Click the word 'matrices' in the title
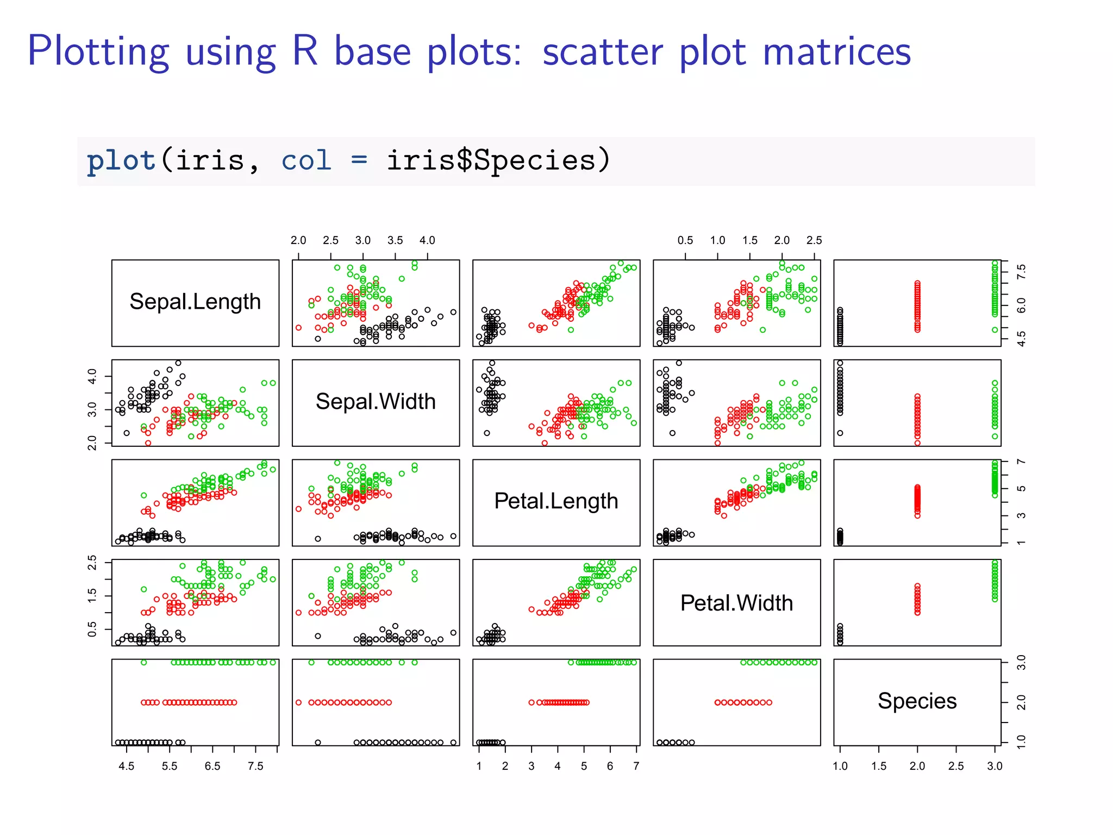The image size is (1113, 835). (x=836, y=52)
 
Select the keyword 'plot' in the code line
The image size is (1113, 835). (x=121, y=161)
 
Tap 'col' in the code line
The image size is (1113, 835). (x=306, y=161)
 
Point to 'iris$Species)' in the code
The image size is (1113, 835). (x=498, y=161)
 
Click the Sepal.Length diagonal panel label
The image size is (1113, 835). (x=195, y=302)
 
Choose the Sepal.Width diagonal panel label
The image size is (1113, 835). (x=376, y=402)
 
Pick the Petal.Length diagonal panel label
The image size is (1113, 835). (x=556, y=501)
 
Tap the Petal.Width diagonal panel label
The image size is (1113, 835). (x=736, y=603)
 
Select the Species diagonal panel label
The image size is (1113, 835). (x=917, y=701)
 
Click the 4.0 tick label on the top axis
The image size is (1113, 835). (x=427, y=240)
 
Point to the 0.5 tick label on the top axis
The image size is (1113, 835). (x=685, y=240)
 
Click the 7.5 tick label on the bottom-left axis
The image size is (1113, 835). (x=255, y=766)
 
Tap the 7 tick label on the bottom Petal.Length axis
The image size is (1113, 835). (x=636, y=766)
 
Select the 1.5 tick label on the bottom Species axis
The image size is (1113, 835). (x=879, y=766)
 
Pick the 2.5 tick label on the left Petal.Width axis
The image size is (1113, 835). (x=92, y=563)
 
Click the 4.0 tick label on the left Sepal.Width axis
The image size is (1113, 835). (x=92, y=376)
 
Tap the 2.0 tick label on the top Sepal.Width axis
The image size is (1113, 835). (x=298, y=240)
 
